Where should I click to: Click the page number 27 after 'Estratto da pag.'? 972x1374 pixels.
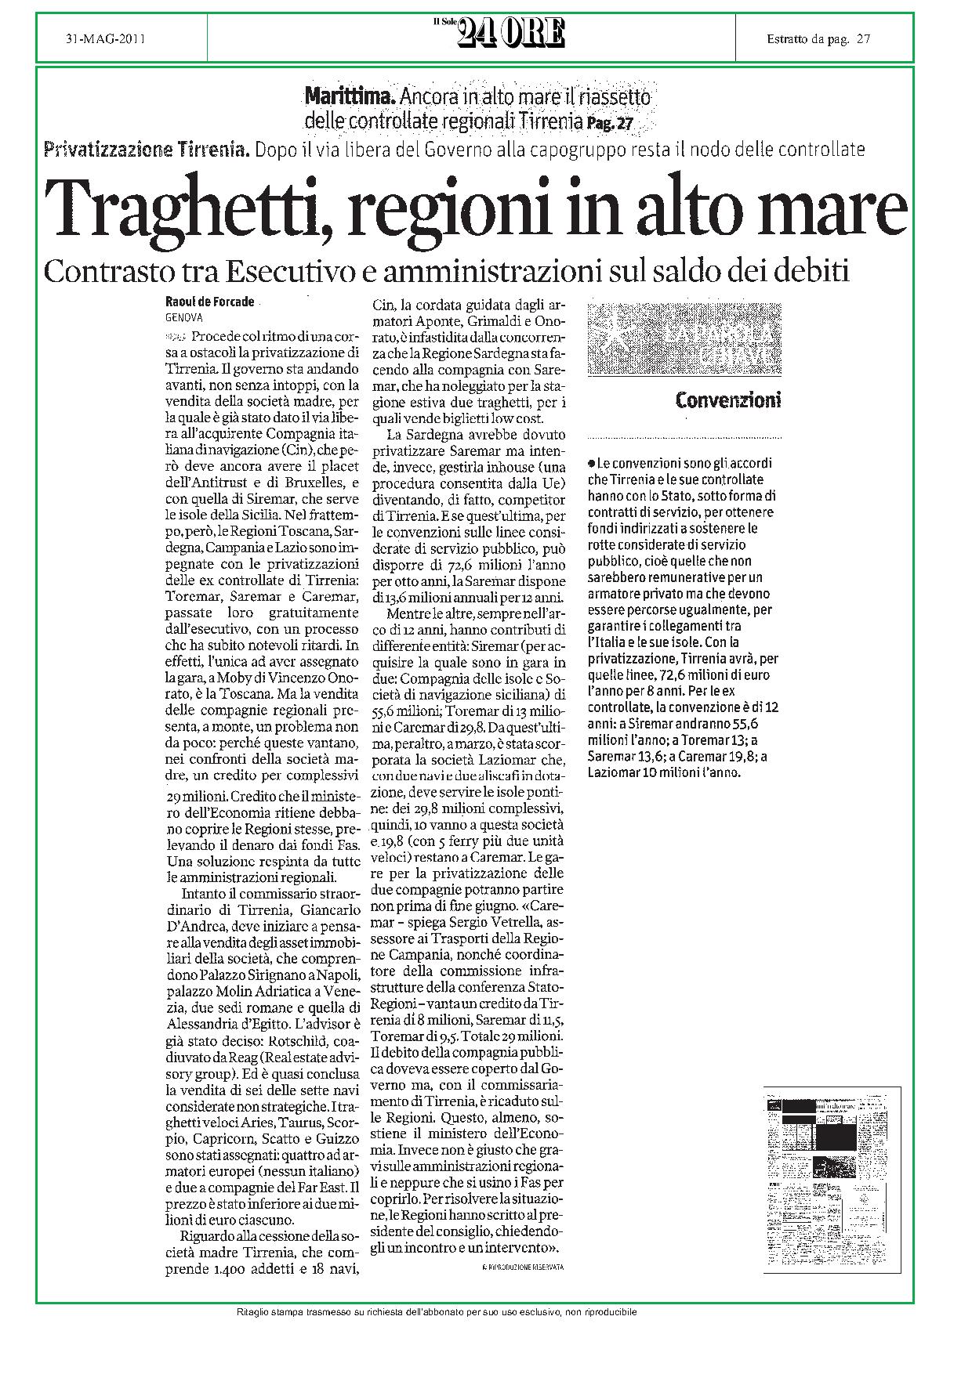coord(864,38)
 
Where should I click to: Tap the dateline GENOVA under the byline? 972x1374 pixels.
coord(184,318)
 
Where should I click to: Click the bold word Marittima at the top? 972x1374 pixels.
coord(351,99)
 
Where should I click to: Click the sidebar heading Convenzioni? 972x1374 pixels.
coord(728,401)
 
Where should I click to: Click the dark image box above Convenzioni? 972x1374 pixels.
coord(684,339)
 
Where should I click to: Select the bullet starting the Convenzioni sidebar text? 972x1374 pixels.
coord(591,463)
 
